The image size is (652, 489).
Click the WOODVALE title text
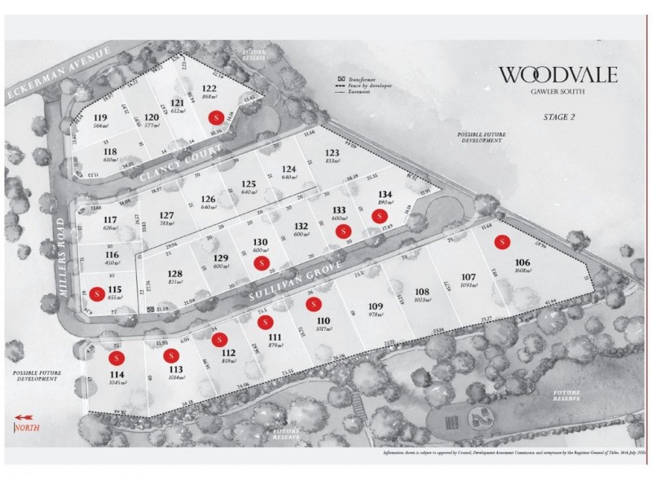pos(558,75)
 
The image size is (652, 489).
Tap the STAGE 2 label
pos(559,117)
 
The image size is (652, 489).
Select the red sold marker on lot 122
pos(215,117)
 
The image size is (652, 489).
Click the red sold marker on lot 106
pos(504,242)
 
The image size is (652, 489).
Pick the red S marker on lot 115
pos(97,292)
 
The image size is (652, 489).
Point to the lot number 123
pos(331,153)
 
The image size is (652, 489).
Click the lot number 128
pos(174,274)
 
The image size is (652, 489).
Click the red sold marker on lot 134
pos(378,216)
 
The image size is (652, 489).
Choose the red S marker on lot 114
pos(116,357)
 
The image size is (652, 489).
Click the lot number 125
pos(249,183)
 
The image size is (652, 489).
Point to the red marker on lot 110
pos(310,305)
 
